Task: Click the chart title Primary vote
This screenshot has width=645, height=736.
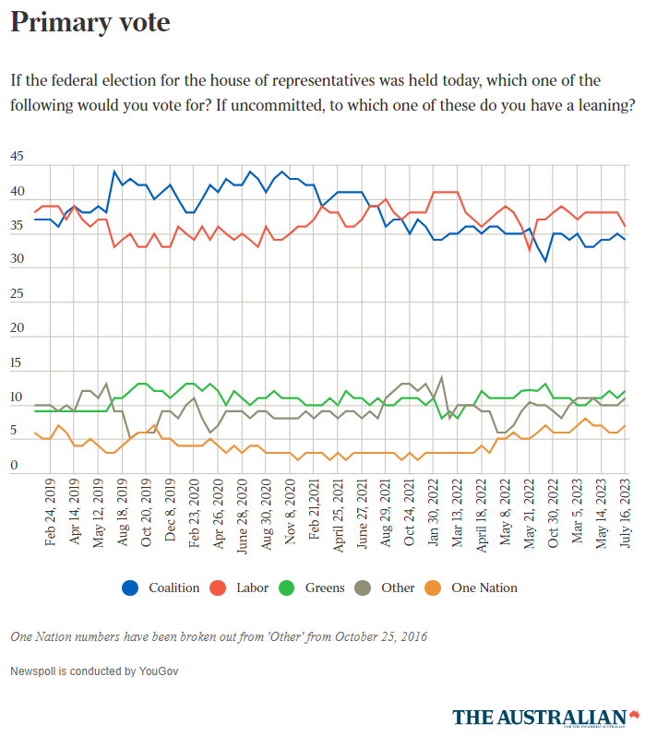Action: pyautogui.click(x=90, y=23)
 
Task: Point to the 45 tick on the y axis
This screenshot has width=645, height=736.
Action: pyautogui.click(x=18, y=157)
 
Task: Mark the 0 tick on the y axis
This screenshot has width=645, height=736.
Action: pyautogui.click(x=14, y=466)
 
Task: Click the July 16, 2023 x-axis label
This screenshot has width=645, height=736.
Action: pyautogui.click(x=627, y=513)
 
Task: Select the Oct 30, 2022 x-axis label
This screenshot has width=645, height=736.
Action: pyautogui.click(x=554, y=513)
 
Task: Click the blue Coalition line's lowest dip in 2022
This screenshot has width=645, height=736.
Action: pyautogui.click(x=545, y=261)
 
